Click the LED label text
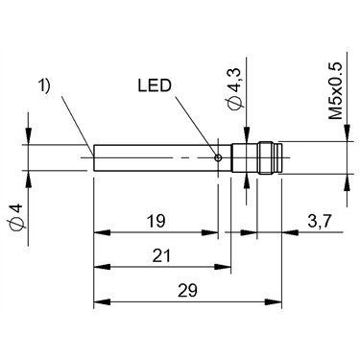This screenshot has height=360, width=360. pos(155,85)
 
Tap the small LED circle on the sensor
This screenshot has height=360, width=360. pos(218,157)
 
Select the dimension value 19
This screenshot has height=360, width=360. pos(156,221)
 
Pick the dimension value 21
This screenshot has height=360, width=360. pos(161,255)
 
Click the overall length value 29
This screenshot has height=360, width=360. pos(188,291)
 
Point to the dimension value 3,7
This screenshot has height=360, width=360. pos(320,222)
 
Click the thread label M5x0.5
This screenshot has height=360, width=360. pos(336,91)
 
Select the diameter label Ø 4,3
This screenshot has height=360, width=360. pos(236,90)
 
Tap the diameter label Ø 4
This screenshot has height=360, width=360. pos(16,217)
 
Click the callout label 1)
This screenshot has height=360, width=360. pos(44,86)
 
